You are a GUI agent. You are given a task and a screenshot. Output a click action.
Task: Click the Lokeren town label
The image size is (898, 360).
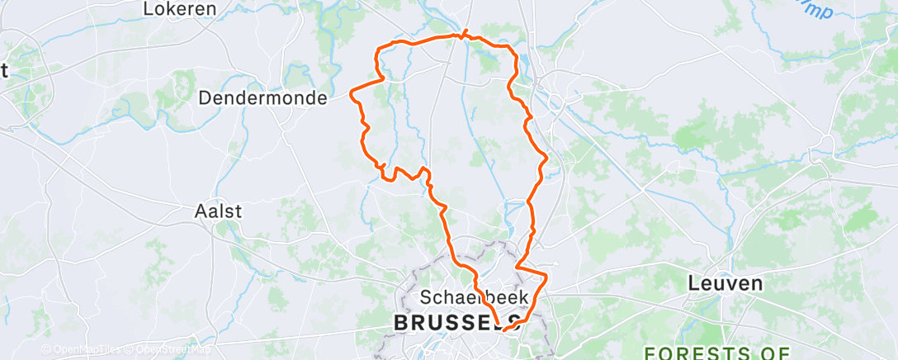click(x=179, y=9)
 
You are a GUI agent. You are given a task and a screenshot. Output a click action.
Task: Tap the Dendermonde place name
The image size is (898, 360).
click(x=262, y=97)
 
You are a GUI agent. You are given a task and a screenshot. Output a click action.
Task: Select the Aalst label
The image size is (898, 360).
click(x=218, y=211)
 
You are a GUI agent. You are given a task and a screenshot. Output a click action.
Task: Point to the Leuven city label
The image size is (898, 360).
click(x=725, y=283)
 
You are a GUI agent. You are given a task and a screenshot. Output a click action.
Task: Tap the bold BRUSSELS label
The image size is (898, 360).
click(x=456, y=323)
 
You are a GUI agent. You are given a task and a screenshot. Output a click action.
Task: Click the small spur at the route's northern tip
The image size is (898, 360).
click(x=466, y=32)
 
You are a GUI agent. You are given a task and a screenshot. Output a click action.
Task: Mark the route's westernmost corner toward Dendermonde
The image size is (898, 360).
click(x=352, y=92)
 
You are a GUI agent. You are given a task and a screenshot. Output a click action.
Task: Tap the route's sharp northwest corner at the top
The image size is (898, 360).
click(x=379, y=50)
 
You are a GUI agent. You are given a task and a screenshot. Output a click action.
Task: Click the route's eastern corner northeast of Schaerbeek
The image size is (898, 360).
click(x=546, y=272)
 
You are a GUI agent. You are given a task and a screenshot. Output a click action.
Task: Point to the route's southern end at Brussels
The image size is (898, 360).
click(x=504, y=329)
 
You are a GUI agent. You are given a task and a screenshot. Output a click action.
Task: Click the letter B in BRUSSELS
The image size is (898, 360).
click(x=401, y=323)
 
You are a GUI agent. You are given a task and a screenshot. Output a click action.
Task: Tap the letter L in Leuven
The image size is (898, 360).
click(x=694, y=283)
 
